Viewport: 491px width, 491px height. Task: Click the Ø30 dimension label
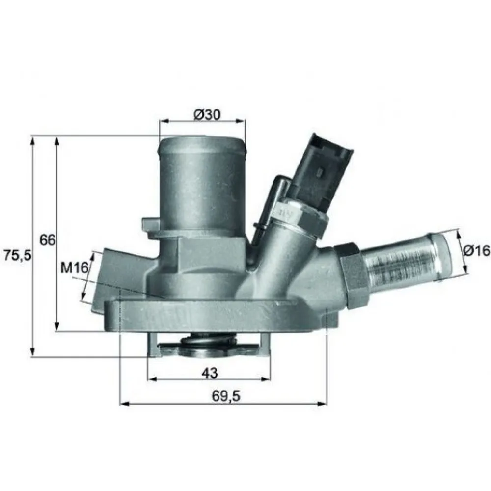(207, 114)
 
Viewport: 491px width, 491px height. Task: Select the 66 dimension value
(48, 240)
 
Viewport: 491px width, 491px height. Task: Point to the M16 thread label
(74, 268)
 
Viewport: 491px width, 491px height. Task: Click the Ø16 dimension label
(476, 250)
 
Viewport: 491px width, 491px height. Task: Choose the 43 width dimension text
(210, 373)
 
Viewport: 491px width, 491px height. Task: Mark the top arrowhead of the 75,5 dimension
(33, 140)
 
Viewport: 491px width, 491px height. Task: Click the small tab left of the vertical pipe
(150, 224)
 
